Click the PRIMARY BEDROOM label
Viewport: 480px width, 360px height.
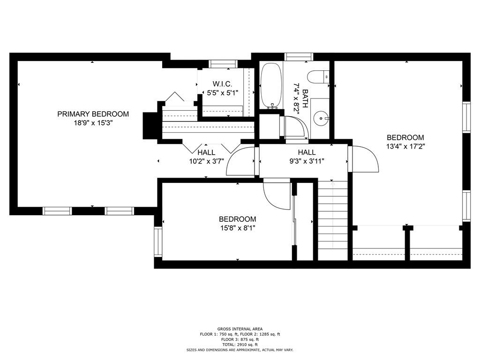tap(93, 114)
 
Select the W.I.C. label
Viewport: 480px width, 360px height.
tap(223, 84)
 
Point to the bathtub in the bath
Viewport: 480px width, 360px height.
tap(271, 86)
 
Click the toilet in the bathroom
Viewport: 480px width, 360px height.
tap(318, 76)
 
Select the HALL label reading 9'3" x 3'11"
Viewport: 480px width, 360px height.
tap(307, 152)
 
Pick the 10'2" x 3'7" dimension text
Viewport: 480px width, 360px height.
tap(207, 161)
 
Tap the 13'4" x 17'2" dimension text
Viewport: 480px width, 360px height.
tap(405, 147)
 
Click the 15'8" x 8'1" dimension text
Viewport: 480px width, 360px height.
tap(238, 228)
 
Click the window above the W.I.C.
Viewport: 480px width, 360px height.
tap(223, 64)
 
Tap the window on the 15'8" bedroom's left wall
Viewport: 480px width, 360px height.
tap(158, 242)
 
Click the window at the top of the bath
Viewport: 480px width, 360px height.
tap(299, 57)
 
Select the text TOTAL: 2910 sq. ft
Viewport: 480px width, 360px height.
tap(240, 345)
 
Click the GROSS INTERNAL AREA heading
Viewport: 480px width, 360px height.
tap(240, 329)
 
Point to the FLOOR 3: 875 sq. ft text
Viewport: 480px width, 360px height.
tap(240, 339)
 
